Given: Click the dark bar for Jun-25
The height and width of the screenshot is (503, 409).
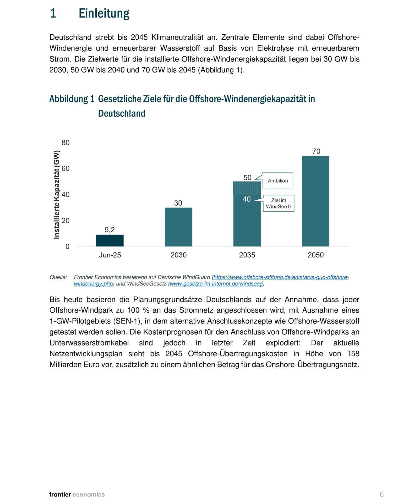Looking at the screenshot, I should tap(110, 240).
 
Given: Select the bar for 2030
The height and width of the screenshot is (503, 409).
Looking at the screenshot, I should tap(178, 227).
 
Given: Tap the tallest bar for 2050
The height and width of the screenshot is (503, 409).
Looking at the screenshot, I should tap(315, 201).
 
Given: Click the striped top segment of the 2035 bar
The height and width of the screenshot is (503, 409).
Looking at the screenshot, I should tap(247, 188).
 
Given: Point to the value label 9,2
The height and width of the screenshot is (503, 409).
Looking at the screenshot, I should tap(110, 230).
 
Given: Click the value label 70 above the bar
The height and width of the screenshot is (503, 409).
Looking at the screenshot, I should tap(316, 151).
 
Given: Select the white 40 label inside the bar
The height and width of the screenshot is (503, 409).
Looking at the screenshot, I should tap(247, 199).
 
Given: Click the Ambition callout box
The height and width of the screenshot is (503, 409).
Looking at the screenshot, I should tap(277, 181).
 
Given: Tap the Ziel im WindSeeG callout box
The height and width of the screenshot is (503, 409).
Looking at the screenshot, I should tap(279, 203).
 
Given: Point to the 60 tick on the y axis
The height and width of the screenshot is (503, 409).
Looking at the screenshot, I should tap(66, 168).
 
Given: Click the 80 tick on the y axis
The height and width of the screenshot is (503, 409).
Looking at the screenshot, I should tap(66, 143).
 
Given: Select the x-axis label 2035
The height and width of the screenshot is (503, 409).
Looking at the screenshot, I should tap(247, 255).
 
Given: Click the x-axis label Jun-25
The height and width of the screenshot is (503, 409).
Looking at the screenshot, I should tap(110, 255).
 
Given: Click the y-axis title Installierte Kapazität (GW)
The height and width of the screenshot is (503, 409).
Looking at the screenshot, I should tap(57, 195).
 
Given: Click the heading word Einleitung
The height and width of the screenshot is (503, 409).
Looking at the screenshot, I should tap(104, 13).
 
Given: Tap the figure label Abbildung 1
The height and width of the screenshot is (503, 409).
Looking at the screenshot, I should tap(72, 99).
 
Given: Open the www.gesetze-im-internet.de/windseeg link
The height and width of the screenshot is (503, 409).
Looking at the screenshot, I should tap(216, 284).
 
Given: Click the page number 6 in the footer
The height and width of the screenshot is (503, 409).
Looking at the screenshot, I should tap(381, 494).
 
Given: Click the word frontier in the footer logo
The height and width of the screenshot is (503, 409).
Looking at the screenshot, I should tap(60, 494).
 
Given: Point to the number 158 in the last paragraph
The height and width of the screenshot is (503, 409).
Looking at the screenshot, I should tap(353, 354).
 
